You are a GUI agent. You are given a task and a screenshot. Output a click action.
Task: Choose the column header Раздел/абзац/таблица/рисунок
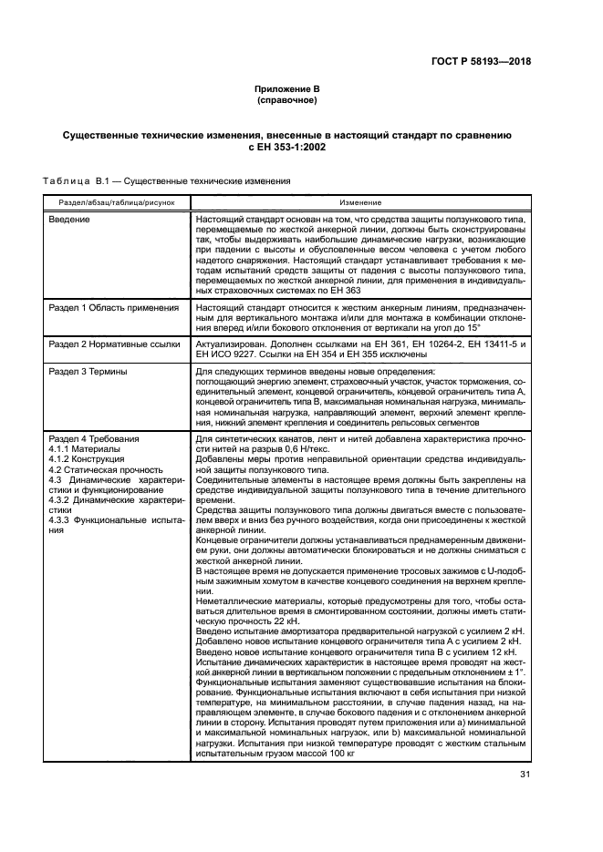(110, 201)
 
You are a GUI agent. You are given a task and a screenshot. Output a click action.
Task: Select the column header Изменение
(360, 201)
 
